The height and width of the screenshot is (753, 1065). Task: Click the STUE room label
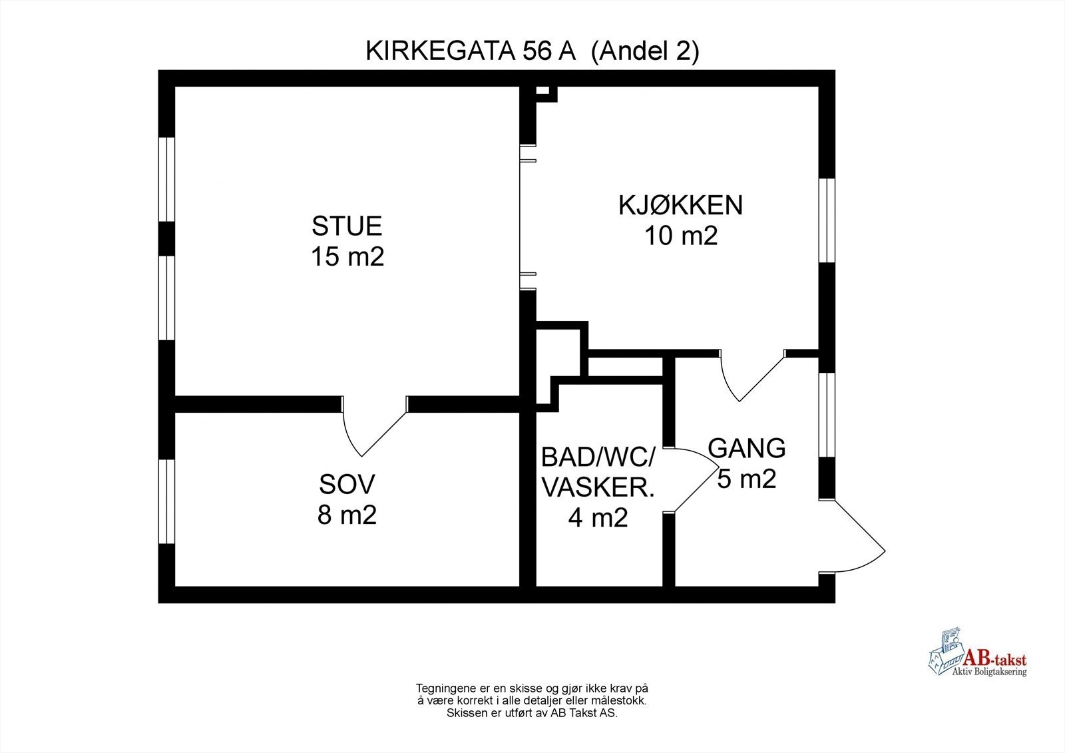point(347,226)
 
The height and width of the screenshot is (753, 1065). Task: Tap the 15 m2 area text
point(347,257)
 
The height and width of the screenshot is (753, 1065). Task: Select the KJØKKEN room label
point(680,205)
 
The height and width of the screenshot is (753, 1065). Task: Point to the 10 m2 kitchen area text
point(680,236)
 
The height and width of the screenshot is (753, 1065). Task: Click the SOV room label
point(347,484)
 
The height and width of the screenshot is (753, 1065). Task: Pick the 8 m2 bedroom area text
point(347,515)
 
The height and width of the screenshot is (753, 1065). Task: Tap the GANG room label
point(746,448)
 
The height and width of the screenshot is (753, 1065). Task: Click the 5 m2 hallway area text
point(746,479)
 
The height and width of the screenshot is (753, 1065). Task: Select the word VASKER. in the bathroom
point(598,488)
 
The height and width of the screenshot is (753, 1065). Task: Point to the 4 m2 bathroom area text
point(598,518)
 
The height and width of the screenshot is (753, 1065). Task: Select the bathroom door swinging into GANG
point(696,479)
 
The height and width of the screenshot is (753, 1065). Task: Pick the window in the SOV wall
point(166,501)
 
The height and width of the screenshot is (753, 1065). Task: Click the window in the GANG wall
point(826,414)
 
